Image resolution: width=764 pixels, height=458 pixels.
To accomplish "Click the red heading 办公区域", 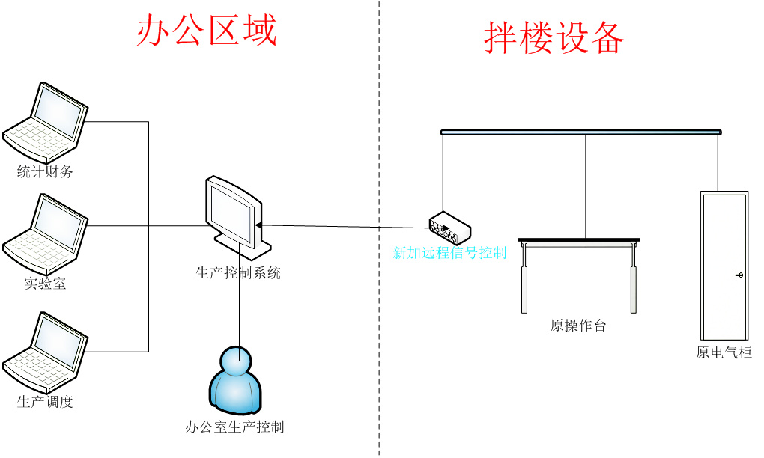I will point(206,31).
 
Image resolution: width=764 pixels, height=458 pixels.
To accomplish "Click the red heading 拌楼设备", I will point(554,37).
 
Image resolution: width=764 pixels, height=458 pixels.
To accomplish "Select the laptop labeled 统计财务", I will point(46,120).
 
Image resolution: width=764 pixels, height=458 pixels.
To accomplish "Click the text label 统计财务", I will point(46,172).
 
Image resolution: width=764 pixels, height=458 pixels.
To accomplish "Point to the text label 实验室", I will point(45,284).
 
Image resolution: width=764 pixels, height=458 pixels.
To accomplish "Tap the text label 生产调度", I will point(46,402).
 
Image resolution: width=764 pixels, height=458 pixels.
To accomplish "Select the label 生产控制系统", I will point(238,274).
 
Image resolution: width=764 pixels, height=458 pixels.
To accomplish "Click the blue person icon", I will point(237,381).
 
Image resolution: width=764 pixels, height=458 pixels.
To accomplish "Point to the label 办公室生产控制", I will point(234,427).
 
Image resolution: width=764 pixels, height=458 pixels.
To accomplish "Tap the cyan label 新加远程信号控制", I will point(450,253).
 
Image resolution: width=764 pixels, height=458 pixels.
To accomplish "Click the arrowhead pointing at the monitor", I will point(259,224).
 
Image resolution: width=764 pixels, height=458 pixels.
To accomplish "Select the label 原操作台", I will point(577,326).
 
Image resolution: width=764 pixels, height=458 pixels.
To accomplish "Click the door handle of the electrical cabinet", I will point(739,275).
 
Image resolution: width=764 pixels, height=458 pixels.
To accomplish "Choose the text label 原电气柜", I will point(724,352).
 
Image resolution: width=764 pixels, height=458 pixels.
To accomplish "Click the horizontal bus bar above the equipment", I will point(580,132).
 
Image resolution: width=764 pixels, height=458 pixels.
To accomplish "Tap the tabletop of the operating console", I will point(579,240).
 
